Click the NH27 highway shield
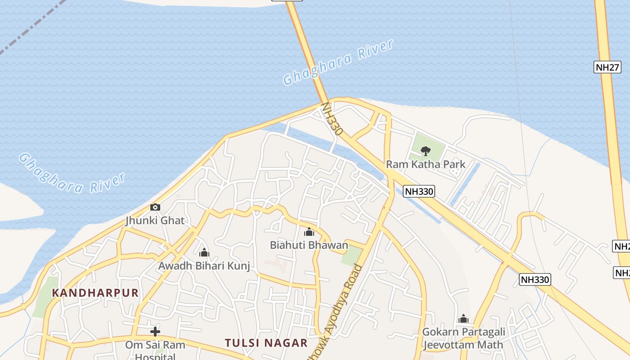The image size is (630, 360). point(607,67)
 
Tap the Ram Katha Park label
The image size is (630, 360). point(426,164)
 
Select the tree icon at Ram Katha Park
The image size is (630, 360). point(425,151)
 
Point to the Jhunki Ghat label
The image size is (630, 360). point(155,220)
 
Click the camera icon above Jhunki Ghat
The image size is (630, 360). point(155,207)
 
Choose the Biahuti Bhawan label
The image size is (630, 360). point(309,245)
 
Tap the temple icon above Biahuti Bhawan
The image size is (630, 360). point(309,232)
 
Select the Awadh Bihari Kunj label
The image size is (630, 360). point(204,266)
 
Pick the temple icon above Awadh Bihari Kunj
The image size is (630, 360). point(204,252)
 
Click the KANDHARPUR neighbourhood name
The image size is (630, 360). point(95,293)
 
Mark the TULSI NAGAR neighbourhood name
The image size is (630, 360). point(266,343)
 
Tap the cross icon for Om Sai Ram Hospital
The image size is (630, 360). point(155,332)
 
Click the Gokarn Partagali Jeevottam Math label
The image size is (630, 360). point(463,338)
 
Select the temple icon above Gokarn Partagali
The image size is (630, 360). point(463,319)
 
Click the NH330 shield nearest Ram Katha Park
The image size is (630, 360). point(418,191)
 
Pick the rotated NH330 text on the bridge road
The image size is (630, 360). point(333,119)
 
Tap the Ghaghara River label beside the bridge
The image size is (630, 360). point(338,62)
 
